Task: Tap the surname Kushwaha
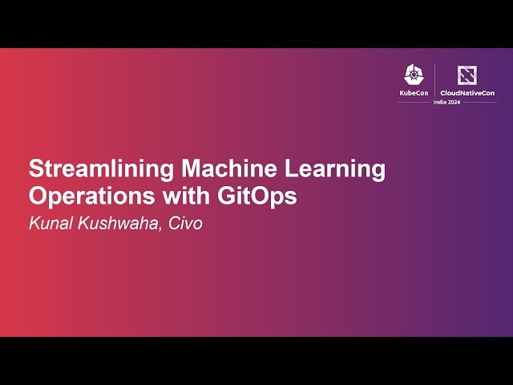pyautogui.click(x=115, y=224)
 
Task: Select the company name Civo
pyautogui.click(x=185, y=224)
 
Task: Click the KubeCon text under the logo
pyautogui.click(x=414, y=94)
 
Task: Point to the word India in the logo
pyautogui.click(x=439, y=103)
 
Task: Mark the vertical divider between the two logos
pyautogui.click(x=434, y=81)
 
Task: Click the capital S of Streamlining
pyautogui.click(x=37, y=169)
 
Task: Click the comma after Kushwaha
pyautogui.click(x=162, y=229)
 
